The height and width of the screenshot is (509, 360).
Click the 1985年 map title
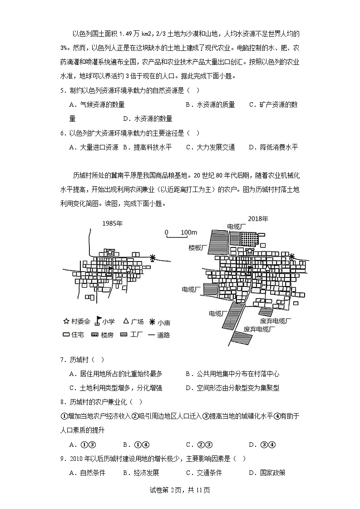pyautogui.click(x=113, y=223)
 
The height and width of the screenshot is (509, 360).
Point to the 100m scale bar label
pyautogui.click(x=187, y=232)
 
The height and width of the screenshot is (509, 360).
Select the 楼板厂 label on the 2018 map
pyautogui.click(x=198, y=248)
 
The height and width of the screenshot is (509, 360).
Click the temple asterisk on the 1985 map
pyautogui.click(x=153, y=258)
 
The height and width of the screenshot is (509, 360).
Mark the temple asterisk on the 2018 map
pyautogui.click(x=292, y=257)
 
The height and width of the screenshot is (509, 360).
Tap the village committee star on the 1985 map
pyautogui.click(x=109, y=251)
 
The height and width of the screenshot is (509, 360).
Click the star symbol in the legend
pyautogui.click(x=66, y=321)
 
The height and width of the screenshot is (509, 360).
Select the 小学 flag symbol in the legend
pyautogui.click(x=98, y=321)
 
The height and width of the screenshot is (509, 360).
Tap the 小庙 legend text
pyautogui.click(x=164, y=322)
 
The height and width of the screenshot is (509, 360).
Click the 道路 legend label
pyautogui.click(x=163, y=335)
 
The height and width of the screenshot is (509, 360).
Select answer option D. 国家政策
pyautogui.click(x=267, y=473)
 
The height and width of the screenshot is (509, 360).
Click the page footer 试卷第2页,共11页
pyautogui.click(x=180, y=489)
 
